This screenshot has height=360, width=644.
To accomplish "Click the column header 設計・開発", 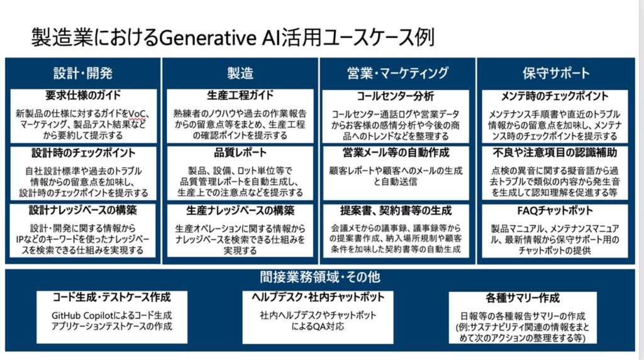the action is tap(83, 73).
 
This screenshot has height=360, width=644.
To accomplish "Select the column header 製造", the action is tap(240, 73).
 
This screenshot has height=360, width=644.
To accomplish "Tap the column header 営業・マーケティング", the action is tap(397, 73).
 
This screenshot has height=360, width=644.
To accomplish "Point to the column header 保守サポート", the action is tap(556, 73).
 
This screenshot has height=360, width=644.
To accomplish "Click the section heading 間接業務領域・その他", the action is tap(320, 277).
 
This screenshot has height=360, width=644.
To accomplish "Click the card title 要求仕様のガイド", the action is tap(83, 95).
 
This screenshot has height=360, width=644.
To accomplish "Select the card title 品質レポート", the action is tap(240, 152).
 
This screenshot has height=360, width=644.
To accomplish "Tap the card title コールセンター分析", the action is tap(395, 96).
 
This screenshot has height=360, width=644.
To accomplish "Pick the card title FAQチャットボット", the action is tap(555, 210).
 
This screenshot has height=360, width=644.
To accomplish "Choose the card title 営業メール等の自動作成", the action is tap(396, 152).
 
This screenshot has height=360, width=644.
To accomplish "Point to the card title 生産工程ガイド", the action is tap(240, 95).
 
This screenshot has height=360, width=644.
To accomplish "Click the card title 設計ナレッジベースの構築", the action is tap(83, 210).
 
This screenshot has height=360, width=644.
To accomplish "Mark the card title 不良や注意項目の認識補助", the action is tap(555, 152).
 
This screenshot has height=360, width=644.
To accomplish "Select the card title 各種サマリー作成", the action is tap(523, 298).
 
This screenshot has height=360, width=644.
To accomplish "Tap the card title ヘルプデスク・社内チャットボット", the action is tap(318, 296).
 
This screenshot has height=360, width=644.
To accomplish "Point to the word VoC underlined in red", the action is tap(136, 114).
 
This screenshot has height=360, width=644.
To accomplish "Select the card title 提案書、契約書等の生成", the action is tap(396, 210).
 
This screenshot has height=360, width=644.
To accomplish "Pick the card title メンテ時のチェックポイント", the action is tap(555, 96).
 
